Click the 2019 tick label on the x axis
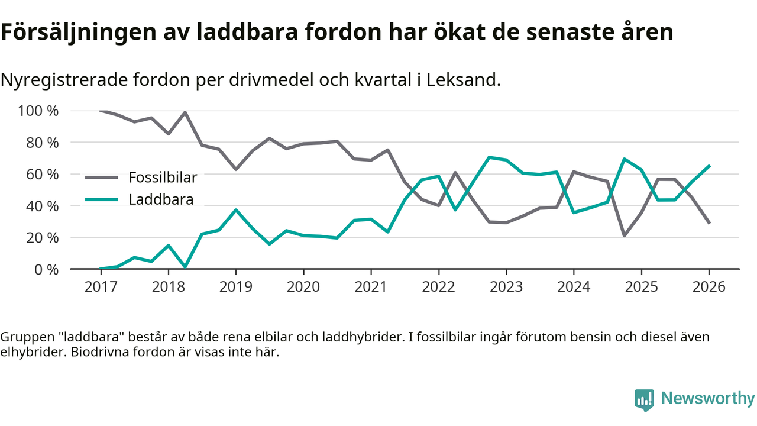(236, 287)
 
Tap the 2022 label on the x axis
(438, 287)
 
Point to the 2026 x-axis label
(709, 287)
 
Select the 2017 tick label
(101, 287)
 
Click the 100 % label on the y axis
(38, 111)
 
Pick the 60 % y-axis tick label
(42, 175)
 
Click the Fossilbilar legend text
(163, 177)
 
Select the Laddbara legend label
(161, 199)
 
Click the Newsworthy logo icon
(644, 399)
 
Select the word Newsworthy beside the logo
(708, 399)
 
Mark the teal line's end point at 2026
(709, 166)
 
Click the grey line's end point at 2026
(709, 223)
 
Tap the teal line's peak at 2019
(236, 210)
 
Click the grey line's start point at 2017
(101, 111)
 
